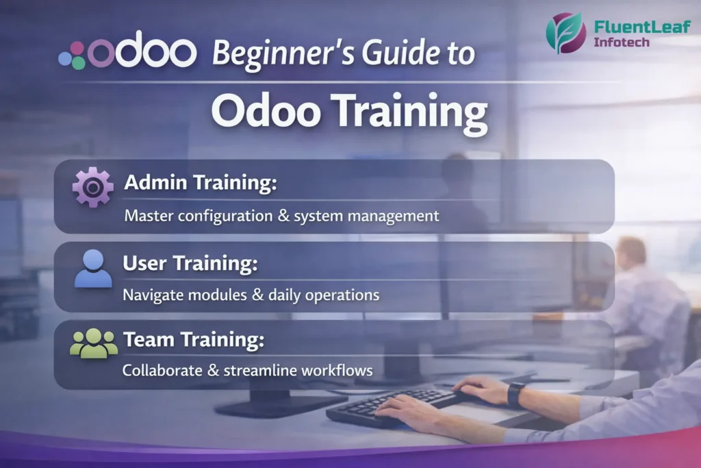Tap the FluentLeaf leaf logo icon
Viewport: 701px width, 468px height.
pyautogui.click(x=565, y=32)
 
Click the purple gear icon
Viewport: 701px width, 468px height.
pyautogui.click(x=93, y=186)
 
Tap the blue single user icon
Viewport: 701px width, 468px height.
pyautogui.click(x=93, y=268)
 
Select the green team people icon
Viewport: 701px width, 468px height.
pyautogui.click(x=94, y=343)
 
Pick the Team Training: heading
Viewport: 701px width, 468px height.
pyautogui.click(x=194, y=338)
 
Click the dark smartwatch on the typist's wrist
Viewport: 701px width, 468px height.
pyautogui.click(x=515, y=394)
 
